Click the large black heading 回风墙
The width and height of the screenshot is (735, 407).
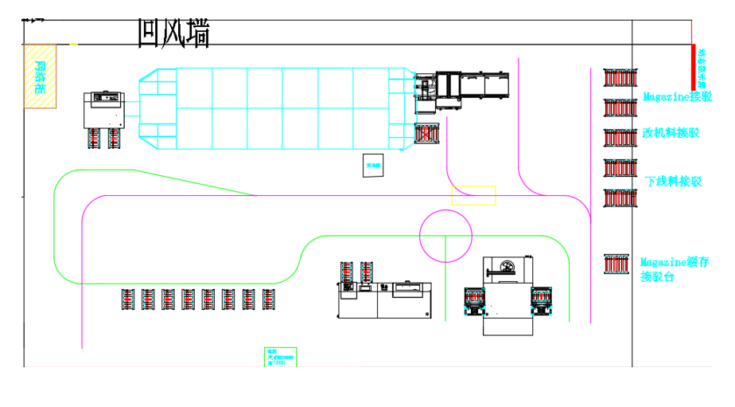tap(173, 33)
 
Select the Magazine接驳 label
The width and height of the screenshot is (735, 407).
tap(678, 97)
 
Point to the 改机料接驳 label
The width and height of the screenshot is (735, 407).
tap(671, 133)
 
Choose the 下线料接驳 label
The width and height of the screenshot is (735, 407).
tap(673, 182)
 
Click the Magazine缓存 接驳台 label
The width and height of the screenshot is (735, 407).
tap(674, 269)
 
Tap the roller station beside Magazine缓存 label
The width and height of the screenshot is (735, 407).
tap(617, 264)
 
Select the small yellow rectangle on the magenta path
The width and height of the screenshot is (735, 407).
tap(473, 195)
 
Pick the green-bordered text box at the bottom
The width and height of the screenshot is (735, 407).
tap(280, 357)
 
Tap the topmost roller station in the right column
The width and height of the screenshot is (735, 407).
tap(620, 78)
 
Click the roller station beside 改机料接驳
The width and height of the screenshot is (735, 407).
tap(620, 137)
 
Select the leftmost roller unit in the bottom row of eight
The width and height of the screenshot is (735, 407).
tap(129, 299)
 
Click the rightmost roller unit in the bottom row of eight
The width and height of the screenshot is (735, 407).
tap(270, 299)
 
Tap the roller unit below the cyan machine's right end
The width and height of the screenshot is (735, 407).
tap(427, 134)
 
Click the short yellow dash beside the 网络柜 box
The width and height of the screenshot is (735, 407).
tap(73, 45)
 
